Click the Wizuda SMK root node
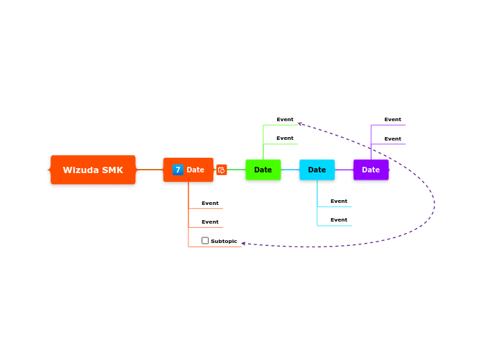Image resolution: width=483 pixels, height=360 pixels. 93,170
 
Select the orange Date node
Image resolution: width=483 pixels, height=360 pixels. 195,170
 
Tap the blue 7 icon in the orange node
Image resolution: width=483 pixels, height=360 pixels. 178,170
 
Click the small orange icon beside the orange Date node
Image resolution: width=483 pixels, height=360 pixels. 222,170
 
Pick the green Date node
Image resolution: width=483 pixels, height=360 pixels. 263,170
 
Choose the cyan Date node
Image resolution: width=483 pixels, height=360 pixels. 317,170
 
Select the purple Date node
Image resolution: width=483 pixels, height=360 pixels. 371,170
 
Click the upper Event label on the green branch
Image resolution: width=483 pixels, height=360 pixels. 285,120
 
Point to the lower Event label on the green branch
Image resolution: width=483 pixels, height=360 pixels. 285,138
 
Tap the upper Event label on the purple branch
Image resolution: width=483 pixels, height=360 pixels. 393,120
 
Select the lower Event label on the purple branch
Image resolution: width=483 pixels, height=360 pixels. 393,139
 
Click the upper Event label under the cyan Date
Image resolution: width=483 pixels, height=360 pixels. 339,201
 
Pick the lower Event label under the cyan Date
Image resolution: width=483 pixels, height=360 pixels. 339,220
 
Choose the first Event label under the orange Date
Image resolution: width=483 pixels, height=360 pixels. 210,204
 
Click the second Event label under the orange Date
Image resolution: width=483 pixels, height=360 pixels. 210,222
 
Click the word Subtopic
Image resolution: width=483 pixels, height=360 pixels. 224,242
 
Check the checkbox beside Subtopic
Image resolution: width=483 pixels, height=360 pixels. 205,241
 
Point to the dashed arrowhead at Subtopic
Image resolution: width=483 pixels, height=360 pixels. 243,243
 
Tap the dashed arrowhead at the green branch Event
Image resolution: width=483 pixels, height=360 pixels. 300,124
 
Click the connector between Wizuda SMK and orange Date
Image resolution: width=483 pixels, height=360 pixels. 150,170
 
